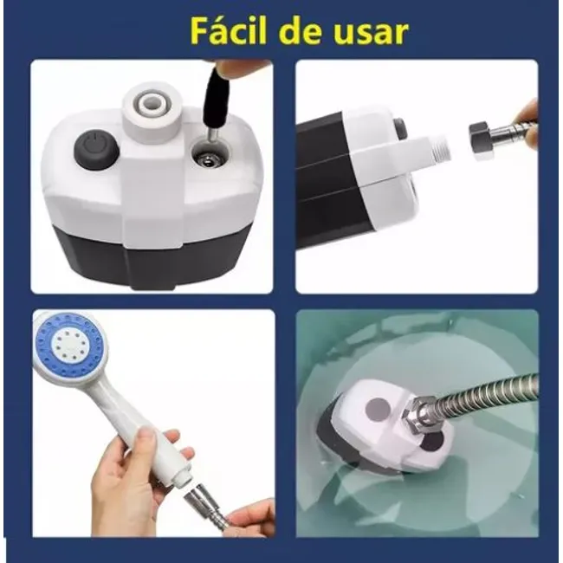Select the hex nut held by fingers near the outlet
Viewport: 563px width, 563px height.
486,139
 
